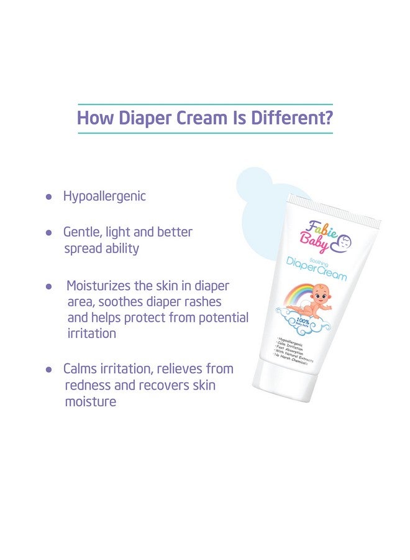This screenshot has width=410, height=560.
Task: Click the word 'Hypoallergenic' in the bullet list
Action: click(104, 197)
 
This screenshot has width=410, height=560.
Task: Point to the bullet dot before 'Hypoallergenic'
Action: click(49, 197)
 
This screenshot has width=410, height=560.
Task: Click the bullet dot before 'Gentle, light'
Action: click(49, 233)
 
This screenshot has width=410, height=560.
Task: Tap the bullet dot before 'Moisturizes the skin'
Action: click(49, 287)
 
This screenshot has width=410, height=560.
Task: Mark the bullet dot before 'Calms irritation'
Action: click(49, 369)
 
